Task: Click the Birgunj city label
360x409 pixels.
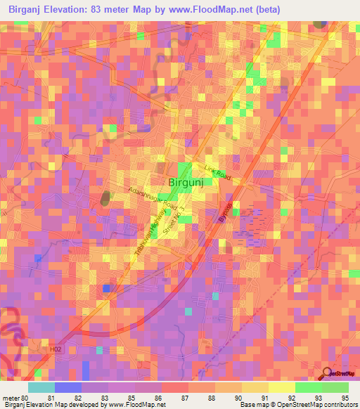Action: (x=187, y=183)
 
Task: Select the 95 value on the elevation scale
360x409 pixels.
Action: (x=345, y=398)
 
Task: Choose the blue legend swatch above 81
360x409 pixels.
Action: (x=67, y=387)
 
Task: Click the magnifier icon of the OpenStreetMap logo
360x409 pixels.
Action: (x=328, y=372)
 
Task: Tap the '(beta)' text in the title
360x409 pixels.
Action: (x=262, y=10)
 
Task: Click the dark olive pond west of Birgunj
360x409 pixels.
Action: (x=106, y=197)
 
